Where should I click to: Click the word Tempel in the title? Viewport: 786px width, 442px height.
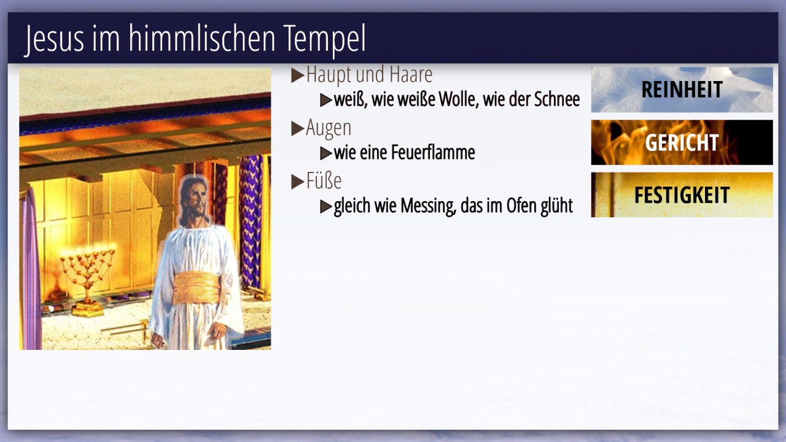click(x=324, y=39)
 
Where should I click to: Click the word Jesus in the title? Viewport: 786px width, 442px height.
click(x=54, y=39)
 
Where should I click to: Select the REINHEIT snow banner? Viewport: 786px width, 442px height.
click(x=682, y=90)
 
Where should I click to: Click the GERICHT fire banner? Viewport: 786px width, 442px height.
click(x=682, y=142)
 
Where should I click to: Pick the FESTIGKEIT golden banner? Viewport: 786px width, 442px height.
click(x=682, y=195)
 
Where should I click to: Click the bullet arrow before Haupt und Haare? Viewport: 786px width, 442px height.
click(x=298, y=75)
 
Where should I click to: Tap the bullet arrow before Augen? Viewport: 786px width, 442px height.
click(x=298, y=128)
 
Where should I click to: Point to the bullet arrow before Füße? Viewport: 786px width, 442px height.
click(x=298, y=181)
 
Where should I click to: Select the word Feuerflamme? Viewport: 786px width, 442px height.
click(x=433, y=153)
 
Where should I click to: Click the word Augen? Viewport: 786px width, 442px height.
click(x=329, y=128)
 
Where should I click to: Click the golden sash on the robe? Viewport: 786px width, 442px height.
click(x=196, y=288)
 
